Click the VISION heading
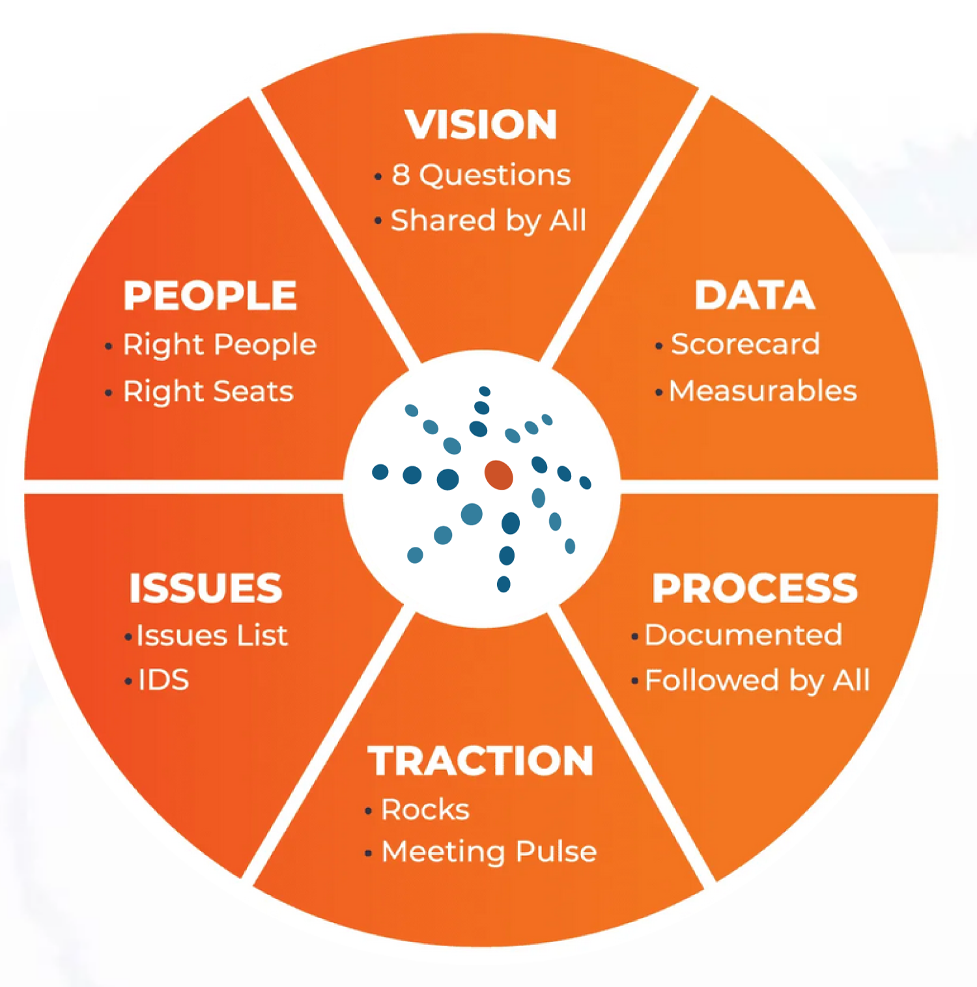coord(481,124)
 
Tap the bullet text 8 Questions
coord(481,175)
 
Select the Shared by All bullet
coord(488,221)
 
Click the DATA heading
coord(754,295)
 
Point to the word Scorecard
coord(745,344)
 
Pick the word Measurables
coord(763,391)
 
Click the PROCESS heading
coord(754,588)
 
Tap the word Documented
coord(743,635)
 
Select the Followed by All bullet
coord(757,680)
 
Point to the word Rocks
coord(425,809)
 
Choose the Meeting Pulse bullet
coord(488,852)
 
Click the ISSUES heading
coord(206,588)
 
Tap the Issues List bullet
coord(212,635)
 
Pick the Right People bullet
coord(219,344)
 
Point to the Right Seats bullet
coord(208,391)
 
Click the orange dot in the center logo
coord(499,475)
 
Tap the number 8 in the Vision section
coord(401,175)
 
